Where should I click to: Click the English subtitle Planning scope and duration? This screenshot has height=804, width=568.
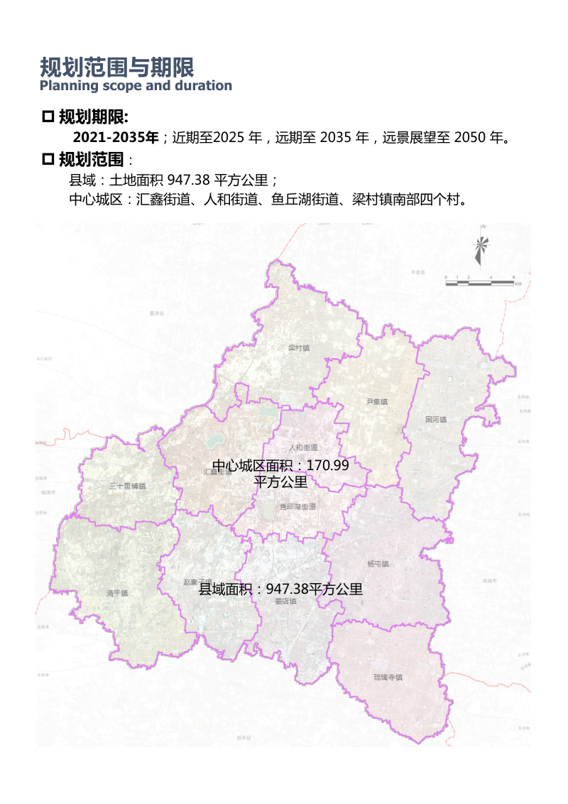(136, 86)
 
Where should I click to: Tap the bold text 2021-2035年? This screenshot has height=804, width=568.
(116, 137)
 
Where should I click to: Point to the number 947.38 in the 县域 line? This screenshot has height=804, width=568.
(187, 180)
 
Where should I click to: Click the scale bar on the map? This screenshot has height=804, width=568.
(479, 282)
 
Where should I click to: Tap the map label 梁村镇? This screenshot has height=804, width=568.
(299, 348)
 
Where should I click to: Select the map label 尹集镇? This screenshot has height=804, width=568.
(376, 402)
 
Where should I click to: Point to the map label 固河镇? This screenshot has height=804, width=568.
(436, 419)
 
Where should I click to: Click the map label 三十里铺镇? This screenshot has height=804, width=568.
(127, 487)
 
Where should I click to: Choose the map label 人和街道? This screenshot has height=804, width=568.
(304, 448)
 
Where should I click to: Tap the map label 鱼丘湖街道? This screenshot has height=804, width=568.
(297, 506)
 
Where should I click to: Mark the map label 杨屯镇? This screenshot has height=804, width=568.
(378, 564)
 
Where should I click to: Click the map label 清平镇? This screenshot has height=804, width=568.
(116, 592)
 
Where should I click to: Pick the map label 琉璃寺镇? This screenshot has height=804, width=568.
(388, 677)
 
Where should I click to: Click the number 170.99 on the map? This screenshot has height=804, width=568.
(327, 466)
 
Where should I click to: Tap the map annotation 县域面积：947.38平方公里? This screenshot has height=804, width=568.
(280, 589)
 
